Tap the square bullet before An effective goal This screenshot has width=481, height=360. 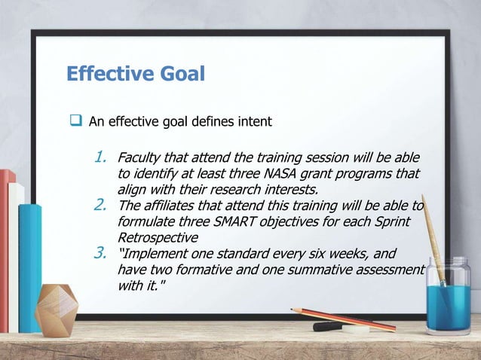tap(76, 121)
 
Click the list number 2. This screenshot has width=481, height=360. tap(100, 205)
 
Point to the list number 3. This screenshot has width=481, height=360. tap(100, 252)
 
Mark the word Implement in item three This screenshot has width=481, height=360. tap(156, 254)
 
